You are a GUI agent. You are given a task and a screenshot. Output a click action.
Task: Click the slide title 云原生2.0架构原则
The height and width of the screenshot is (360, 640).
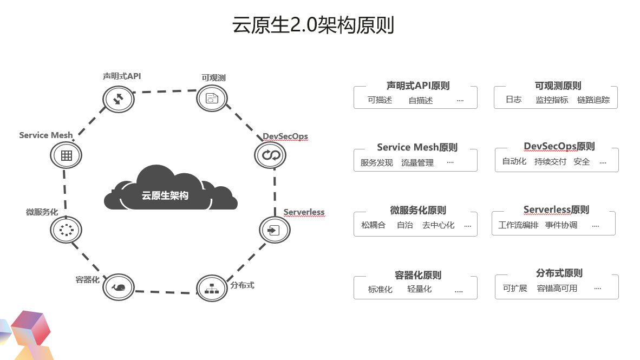click(x=313, y=25)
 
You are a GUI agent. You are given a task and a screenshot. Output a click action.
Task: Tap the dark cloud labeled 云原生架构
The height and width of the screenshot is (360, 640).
click(x=171, y=188)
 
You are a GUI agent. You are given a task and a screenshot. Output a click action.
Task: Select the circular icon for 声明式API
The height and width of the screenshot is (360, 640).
click(x=119, y=99)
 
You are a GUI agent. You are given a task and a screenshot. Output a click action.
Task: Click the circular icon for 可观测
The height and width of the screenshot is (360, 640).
click(x=212, y=99)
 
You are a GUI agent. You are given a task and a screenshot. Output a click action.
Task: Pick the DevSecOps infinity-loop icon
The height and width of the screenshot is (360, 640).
click(x=270, y=155)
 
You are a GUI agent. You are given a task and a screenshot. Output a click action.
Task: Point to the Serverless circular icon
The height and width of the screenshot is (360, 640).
click(x=275, y=230)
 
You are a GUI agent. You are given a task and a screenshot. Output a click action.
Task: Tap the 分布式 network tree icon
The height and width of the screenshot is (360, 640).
click(x=212, y=288)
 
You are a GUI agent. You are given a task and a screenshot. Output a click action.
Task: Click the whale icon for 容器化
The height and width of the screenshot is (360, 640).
click(x=119, y=287)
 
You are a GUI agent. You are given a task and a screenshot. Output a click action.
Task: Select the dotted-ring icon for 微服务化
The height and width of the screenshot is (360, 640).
click(x=66, y=230)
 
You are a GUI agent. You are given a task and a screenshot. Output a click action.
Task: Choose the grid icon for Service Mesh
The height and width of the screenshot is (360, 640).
click(x=66, y=155)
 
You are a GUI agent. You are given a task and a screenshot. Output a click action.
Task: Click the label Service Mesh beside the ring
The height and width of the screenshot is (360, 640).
click(x=45, y=135)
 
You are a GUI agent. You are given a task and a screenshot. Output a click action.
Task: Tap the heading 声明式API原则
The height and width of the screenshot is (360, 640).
click(x=418, y=86)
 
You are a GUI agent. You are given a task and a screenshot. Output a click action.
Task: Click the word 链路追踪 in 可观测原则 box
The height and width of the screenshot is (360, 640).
click(x=593, y=100)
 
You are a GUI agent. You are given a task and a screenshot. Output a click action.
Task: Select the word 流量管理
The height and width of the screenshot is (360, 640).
click(x=417, y=163)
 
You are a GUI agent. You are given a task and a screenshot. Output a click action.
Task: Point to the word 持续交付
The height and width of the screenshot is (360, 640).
click(x=550, y=162)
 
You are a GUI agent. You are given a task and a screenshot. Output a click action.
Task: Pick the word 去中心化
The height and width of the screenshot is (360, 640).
click(x=439, y=225)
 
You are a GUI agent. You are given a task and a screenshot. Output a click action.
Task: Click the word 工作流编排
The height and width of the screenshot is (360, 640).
click(x=518, y=225)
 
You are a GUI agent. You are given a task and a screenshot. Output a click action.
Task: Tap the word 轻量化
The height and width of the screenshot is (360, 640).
click(x=419, y=289)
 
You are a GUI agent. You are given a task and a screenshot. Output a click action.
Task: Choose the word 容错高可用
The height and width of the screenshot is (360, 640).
click(x=557, y=288)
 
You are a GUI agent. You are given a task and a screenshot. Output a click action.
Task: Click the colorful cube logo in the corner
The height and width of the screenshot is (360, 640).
click(x=27, y=335)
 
